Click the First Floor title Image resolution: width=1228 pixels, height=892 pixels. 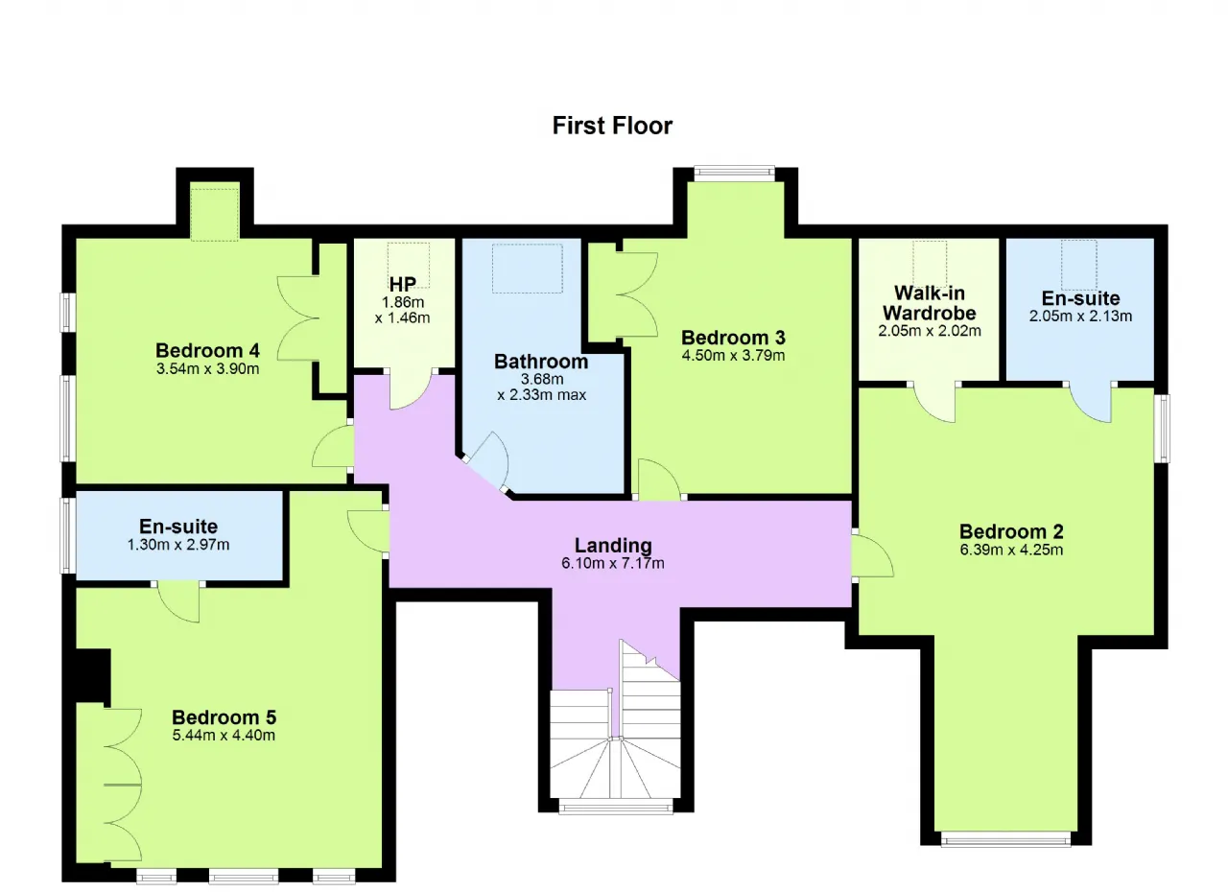coord(612,126)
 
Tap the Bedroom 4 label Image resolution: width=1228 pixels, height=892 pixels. coord(207,351)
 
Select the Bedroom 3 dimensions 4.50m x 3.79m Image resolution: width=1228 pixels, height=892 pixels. coord(733,356)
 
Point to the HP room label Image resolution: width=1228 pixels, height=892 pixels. coord(402,284)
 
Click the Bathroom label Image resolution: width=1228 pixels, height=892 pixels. coord(541,362)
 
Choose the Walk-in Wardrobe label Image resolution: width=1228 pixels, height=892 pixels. coord(930,303)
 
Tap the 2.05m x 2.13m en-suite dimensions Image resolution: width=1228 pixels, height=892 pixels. coord(1080,317)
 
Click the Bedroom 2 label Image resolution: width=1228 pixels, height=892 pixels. coord(1011,531)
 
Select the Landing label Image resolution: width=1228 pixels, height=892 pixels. coord(613,545)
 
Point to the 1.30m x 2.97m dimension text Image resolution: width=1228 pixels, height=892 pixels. coord(178,545)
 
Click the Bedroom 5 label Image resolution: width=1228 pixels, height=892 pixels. coord(224,717)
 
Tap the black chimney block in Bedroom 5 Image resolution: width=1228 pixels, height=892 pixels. coord(93,675)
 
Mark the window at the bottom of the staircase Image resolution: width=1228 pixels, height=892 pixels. coord(616,807)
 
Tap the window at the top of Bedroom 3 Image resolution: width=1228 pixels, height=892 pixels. coord(735,174)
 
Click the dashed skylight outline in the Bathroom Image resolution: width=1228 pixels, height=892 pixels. coord(528,269)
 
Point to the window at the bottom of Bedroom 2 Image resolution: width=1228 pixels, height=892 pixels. coord(1005,839)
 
